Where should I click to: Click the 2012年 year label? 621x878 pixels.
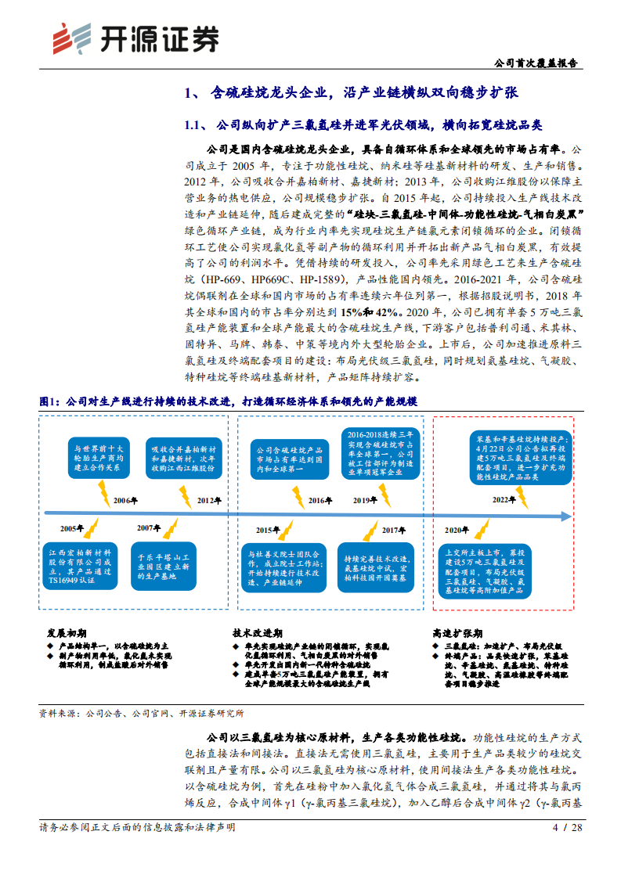pyautogui.click(x=208, y=500)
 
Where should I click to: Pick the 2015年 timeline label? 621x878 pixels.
pyautogui.click(x=268, y=529)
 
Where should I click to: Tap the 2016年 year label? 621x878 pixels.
pyautogui.click(x=320, y=500)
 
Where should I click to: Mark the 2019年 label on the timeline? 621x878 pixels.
pyautogui.click(x=365, y=500)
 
